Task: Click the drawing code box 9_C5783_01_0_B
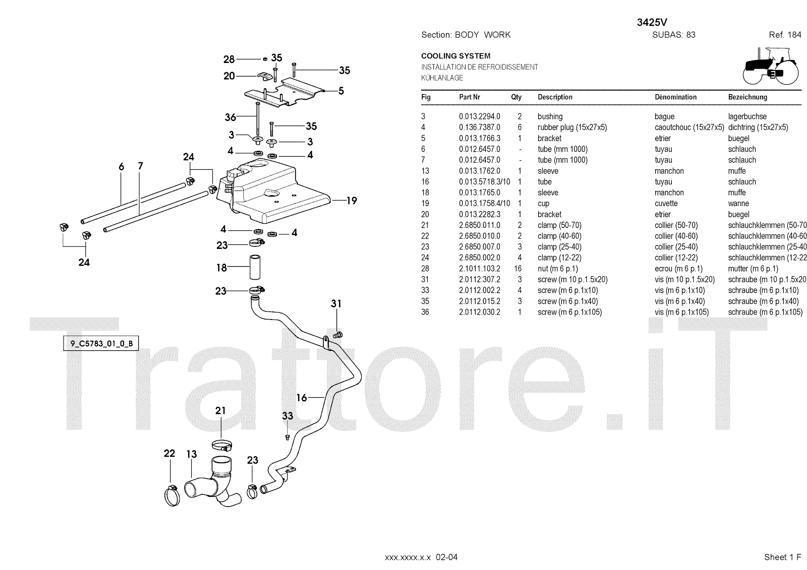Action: click(x=101, y=344)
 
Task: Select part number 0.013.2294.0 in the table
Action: click(x=479, y=116)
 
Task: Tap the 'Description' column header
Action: click(x=555, y=97)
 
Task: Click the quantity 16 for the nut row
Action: click(x=517, y=269)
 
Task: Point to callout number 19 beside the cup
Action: click(x=352, y=201)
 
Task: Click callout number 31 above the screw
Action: click(x=336, y=304)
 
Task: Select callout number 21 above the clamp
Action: click(x=220, y=411)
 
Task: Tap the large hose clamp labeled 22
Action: click(x=172, y=495)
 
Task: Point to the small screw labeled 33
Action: click(x=287, y=436)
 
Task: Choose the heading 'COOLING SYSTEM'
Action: click(x=455, y=56)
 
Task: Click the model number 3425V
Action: click(x=653, y=23)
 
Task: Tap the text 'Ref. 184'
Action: click(x=785, y=35)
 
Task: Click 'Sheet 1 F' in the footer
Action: click(x=782, y=557)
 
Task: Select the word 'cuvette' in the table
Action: click(x=666, y=204)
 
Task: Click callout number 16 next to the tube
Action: click(x=302, y=398)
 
